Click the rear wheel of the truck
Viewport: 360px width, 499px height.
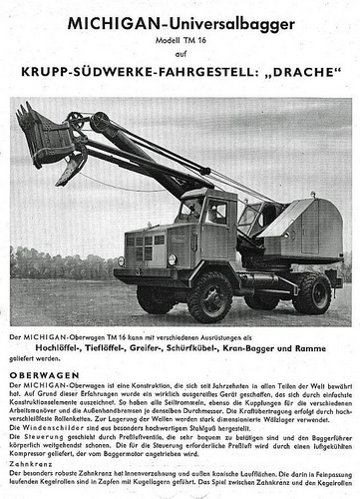pyautogui.click(x=311, y=291)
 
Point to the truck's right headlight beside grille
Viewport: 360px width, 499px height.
pyautogui.click(x=172, y=259)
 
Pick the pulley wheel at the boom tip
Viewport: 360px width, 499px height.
pyautogui.click(x=102, y=123)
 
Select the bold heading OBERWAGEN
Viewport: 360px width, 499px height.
pyautogui.click(x=40, y=375)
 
